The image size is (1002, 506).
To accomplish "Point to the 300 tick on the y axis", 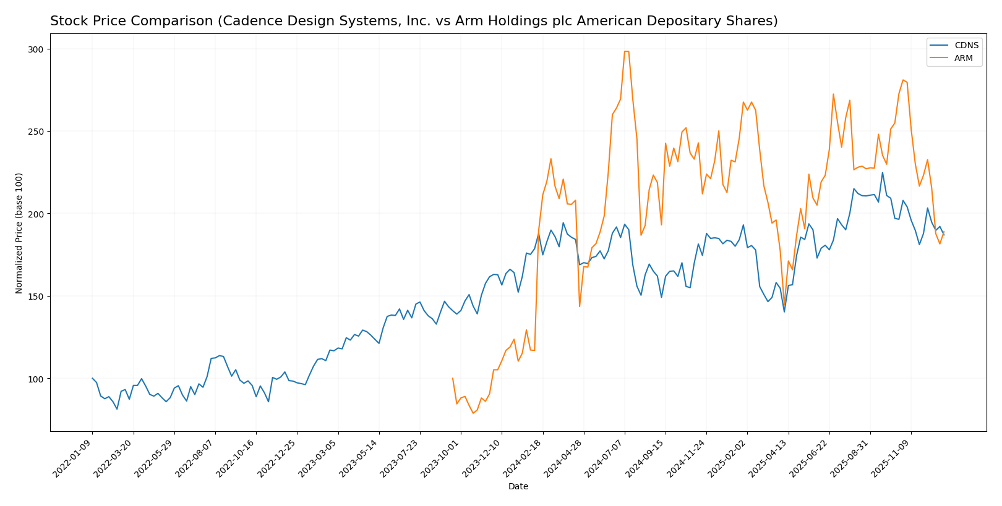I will pyautogui.click(x=36, y=49).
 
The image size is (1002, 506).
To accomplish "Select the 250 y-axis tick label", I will pyautogui.click(x=36, y=132).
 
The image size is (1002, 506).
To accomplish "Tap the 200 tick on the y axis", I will pyautogui.click(x=36, y=214).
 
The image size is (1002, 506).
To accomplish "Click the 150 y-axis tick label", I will pyautogui.click(x=36, y=297).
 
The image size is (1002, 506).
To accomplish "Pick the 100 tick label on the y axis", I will pyautogui.click(x=36, y=379).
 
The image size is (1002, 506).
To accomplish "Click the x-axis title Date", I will pyautogui.click(x=518, y=487).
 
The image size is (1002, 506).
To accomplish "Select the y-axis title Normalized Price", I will pyautogui.click(x=19, y=233).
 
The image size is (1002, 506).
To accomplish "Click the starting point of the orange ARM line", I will pyautogui.click(x=453, y=378).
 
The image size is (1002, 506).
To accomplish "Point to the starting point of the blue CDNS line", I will pyautogui.click(x=92, y=378).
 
